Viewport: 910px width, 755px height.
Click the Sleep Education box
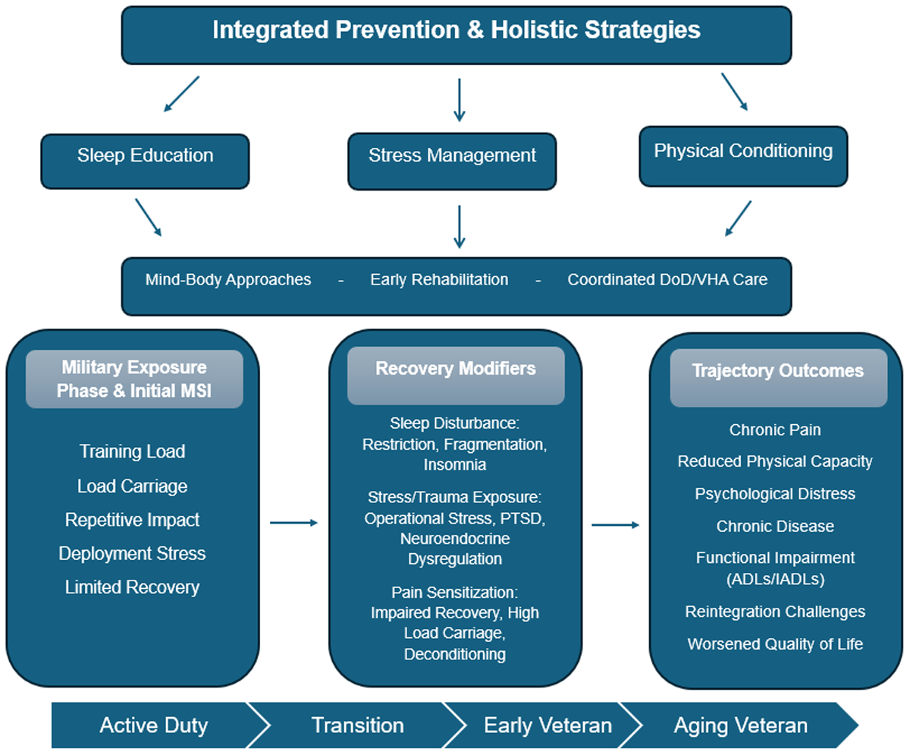(145, 162)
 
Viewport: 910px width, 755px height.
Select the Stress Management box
(452, 162)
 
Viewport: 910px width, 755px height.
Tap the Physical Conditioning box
(743, 156)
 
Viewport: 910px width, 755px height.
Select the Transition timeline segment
(357, 725)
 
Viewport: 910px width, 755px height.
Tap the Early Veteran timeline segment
(547, 725)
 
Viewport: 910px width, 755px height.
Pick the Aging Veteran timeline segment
(740, 725)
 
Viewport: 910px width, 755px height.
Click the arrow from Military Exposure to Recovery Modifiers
(293, 523)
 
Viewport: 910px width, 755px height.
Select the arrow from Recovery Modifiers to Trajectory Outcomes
(615, 524)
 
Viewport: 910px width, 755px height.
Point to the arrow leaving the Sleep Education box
(148, 217)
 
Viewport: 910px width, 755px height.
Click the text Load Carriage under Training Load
(132, 486)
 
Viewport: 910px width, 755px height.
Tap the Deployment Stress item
(132, 553)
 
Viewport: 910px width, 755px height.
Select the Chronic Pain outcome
(775, 430)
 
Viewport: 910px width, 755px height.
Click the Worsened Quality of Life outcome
(775, 644)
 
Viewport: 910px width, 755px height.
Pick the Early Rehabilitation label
(439, 279)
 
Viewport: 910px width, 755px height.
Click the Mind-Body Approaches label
(228, 279)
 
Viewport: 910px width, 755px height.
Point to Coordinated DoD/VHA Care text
(667, 279)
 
